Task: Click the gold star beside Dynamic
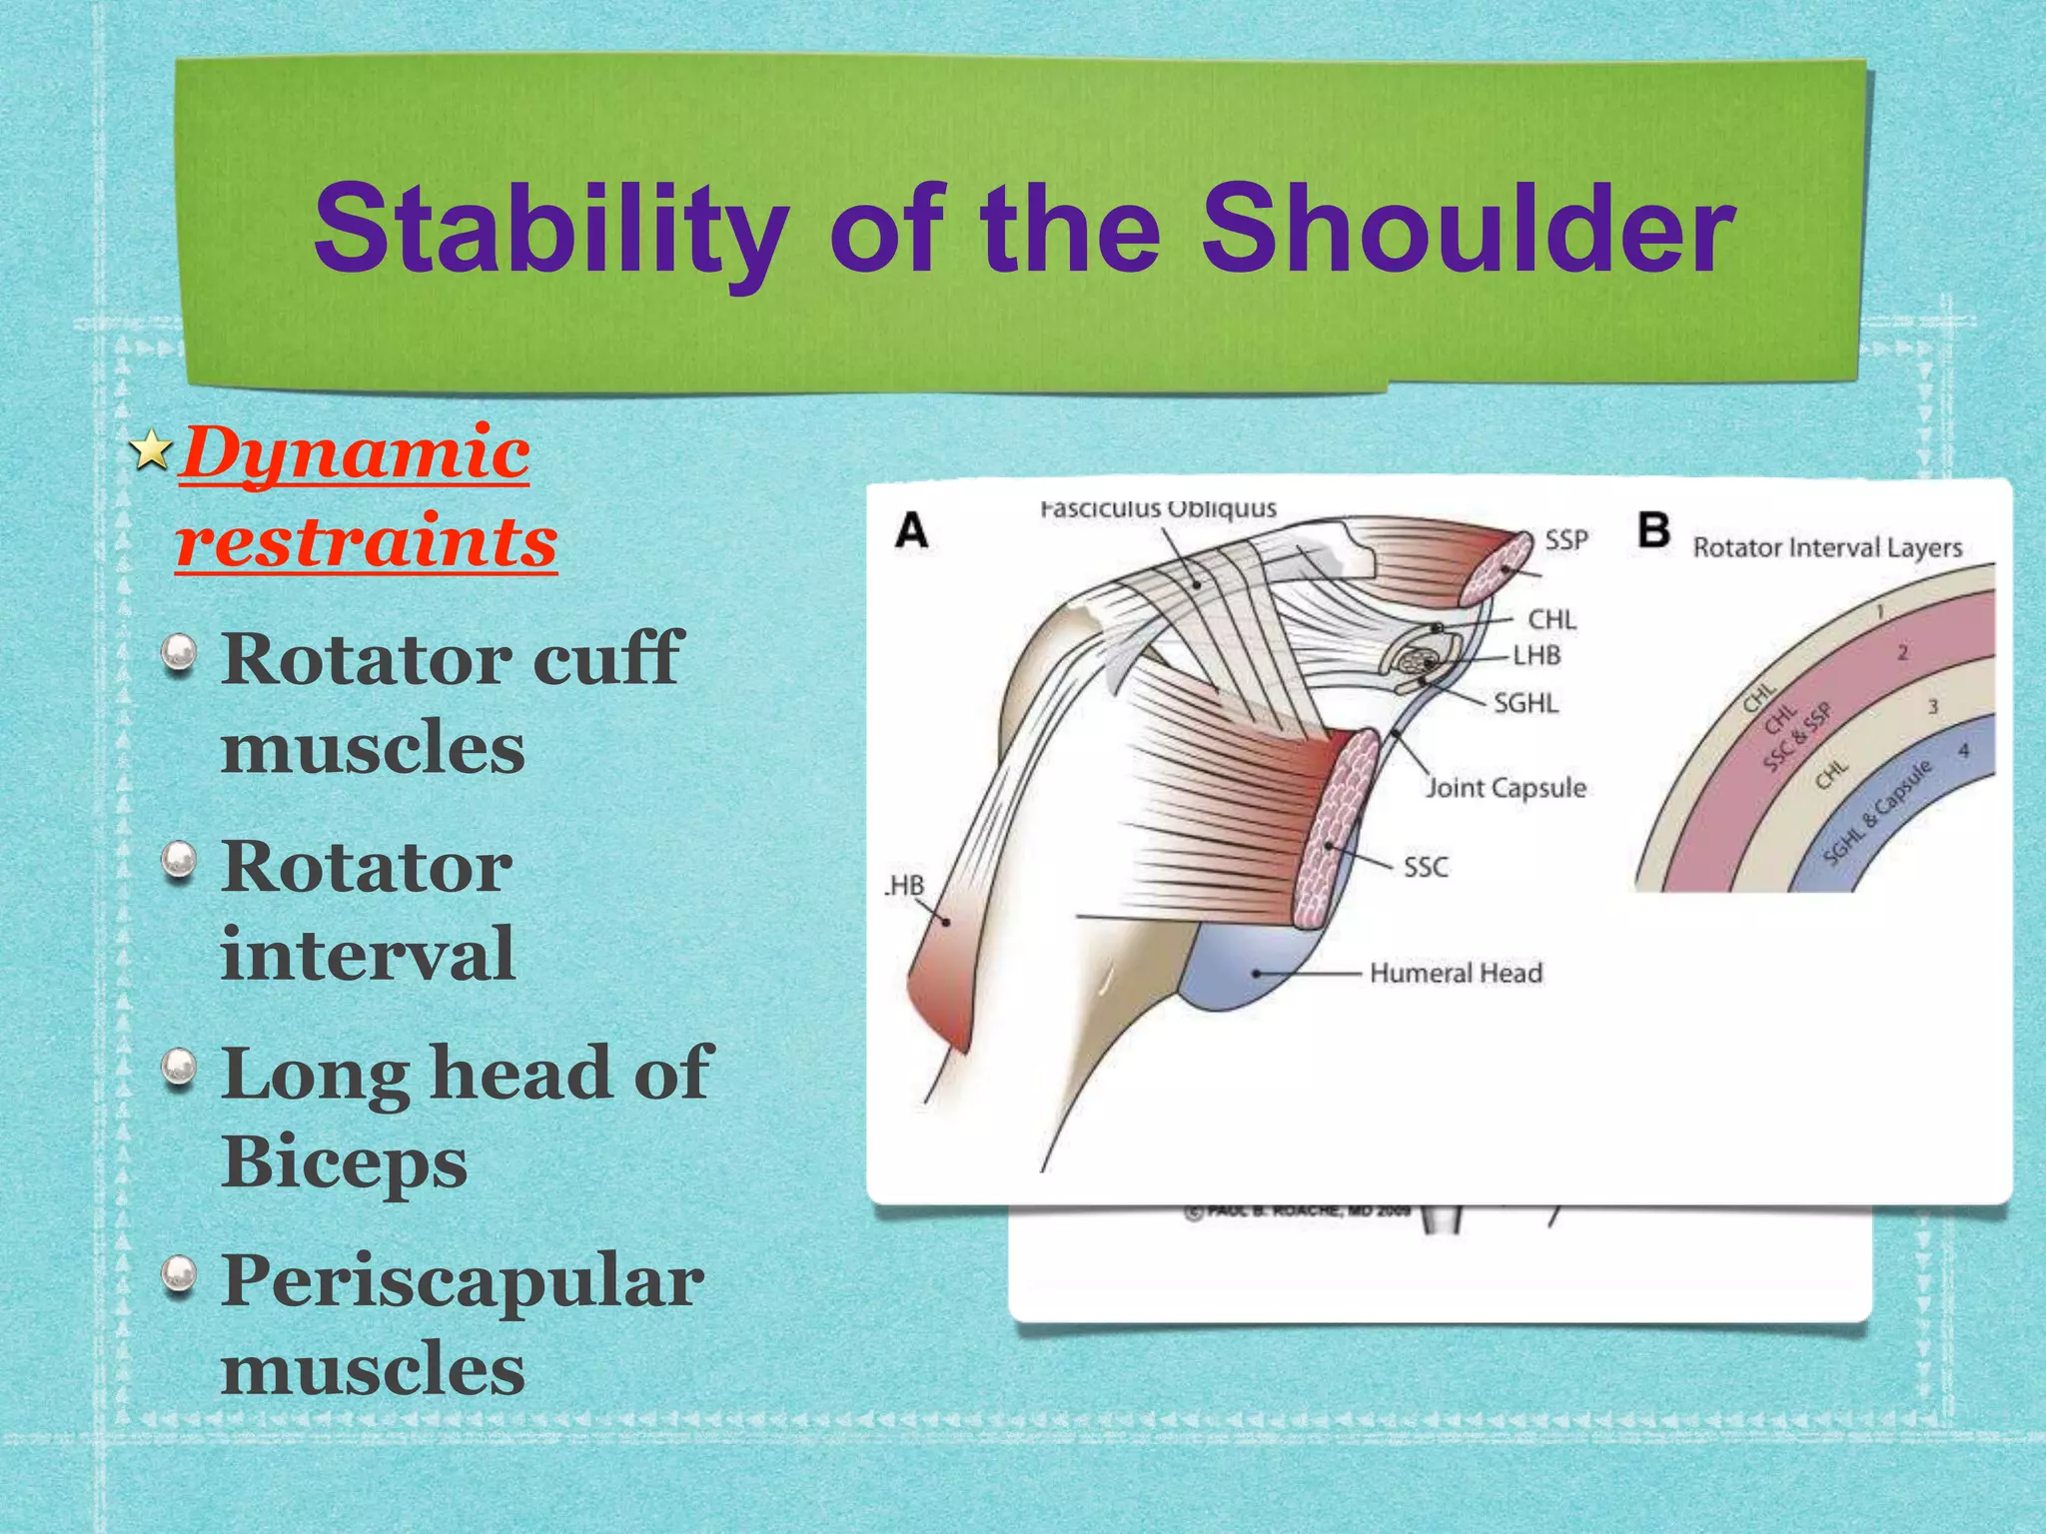(151, 450)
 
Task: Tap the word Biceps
(345, 1161)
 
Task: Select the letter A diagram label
(911, 530)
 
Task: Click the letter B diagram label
(1654, 530)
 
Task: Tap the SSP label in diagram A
(1566, 540)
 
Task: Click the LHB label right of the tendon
(1536, 656)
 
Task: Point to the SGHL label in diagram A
(1526, 703)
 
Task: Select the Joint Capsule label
(1506, 788)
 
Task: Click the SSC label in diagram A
(1426, 867)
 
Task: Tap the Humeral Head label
(1456, 973)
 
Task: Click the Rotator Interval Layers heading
(1827, 547)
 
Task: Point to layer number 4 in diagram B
(1963, 750)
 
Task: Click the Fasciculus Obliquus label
(1158, 508)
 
